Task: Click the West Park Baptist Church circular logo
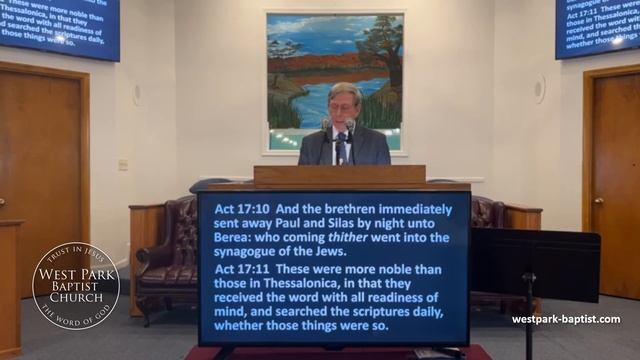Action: coord(76,285)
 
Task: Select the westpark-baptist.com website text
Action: coord(566,320)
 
